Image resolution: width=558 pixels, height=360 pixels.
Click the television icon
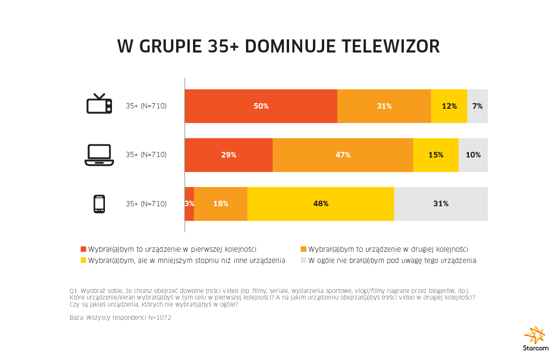(x=99, y=104)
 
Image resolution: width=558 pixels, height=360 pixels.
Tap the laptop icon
(x=99, y=155)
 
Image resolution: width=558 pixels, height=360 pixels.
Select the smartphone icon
(x=99, y=204)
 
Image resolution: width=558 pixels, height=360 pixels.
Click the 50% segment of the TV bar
(x=261, y=106)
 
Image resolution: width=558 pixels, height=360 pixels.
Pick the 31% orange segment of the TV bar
(x=384, y=106)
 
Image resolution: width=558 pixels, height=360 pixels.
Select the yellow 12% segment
(x=449, y=106)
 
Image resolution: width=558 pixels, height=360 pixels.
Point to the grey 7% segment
(x=477, y=106)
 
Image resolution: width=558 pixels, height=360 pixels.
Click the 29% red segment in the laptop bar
(x=229, y=155)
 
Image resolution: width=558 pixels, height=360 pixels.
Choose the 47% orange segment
(x=342, y=155)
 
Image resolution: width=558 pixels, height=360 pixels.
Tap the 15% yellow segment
(x=436, y=155)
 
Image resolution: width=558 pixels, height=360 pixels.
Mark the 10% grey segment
(x=473, y=155)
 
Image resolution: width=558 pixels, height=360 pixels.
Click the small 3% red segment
(x=189, y=204)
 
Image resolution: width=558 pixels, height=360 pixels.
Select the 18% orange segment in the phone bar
(x=221, y=204)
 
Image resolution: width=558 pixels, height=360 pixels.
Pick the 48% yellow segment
(x=320, y=204)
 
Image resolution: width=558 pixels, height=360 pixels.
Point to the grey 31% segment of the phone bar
(x=441, y=204)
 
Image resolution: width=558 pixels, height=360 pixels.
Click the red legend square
(x=84, y=249)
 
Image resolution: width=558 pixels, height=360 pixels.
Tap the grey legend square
(x=303, y=260)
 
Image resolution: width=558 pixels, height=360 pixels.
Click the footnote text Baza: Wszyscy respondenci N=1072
(x=120, y=318)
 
